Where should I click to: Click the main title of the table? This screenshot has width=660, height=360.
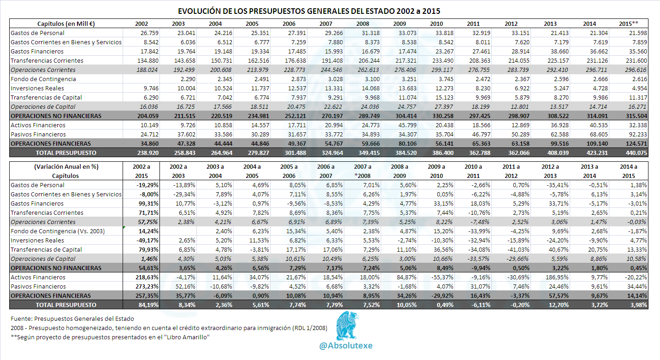[309, 11]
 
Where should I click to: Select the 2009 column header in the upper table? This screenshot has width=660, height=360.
[400, 24]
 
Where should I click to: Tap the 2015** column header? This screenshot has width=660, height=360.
[629, 24]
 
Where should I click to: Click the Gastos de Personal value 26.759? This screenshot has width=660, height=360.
[149, 33]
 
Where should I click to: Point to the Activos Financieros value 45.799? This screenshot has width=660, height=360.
[407, 125]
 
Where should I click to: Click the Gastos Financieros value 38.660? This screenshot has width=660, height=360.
[560, 52]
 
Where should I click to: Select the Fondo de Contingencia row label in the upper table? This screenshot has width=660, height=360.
[43, 79]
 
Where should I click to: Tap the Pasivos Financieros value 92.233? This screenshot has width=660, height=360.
[638, 135]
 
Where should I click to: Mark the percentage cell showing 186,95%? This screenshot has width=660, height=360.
[557, 277]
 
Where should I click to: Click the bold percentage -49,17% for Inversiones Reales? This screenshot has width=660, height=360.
[147, 241]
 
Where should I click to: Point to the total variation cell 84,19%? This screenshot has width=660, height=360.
[148, 305]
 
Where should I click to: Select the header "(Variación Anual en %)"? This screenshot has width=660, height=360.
[66, 167]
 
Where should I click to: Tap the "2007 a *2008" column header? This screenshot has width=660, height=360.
[363, 171]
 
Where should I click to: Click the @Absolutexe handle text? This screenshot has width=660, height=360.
[346, 346]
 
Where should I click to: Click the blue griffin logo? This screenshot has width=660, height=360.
[348, 326]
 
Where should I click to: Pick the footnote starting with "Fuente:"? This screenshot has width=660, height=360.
[72, 319]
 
